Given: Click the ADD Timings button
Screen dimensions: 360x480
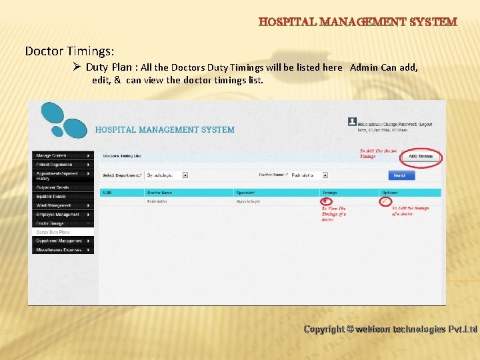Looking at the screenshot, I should click(421, 156).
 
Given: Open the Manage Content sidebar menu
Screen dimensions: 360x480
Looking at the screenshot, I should click(62, 155).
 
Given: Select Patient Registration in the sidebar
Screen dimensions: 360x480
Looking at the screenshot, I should click(62, 164).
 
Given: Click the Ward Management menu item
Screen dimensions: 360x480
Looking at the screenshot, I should click(62, 205).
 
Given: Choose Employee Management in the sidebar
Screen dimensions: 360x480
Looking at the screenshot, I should click(62, 215).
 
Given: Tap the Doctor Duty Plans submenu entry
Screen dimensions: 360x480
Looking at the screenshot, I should click(53, 232).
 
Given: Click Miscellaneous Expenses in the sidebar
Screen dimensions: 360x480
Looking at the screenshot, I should click(62, 249).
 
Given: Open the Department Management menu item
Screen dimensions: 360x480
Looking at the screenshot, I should click(62, 241).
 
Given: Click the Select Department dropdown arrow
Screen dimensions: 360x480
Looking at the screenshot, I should click(185, 175).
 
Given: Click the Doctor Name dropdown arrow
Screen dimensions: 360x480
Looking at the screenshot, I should click(325, 175).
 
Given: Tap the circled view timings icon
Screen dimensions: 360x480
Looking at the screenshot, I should click(325, 201).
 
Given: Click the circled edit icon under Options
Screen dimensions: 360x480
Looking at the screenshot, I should click(385, 201).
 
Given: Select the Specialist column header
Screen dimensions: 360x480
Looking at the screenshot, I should click(245, 193).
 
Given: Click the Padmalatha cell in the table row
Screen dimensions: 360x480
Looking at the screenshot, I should click(157, 201).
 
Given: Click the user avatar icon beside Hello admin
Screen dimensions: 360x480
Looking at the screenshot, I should click(352, 121).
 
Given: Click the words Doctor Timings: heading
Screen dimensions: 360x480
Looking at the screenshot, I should click(69, 51).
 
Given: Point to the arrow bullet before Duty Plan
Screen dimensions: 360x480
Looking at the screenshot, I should click(77, 67).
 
